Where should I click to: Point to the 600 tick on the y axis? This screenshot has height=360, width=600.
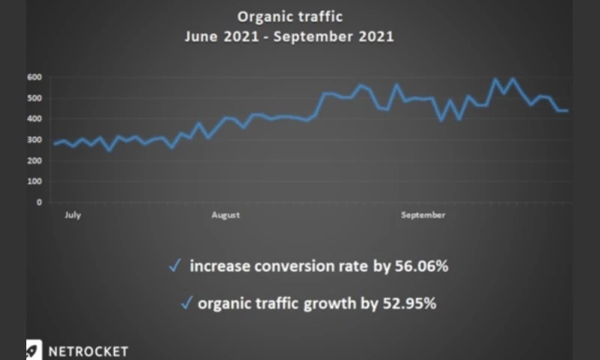(34, 76)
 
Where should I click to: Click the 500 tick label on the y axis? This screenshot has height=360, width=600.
(34, 97)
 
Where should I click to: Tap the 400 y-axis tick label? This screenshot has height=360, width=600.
(34, 118)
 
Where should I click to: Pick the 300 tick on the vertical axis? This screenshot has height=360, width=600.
(34, 139)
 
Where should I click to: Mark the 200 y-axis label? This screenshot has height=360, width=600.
(34, 160)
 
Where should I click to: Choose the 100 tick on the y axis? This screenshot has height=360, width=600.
(34, 181)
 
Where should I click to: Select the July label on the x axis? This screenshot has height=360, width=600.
(73, 215)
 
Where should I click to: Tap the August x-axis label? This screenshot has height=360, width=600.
(225, 215)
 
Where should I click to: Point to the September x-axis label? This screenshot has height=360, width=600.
(423, 215)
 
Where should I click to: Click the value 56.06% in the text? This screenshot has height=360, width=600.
(421, 266)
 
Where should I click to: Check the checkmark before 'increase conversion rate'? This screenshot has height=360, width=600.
(174, 265)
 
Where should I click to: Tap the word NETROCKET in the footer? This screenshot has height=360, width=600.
(88, 351)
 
